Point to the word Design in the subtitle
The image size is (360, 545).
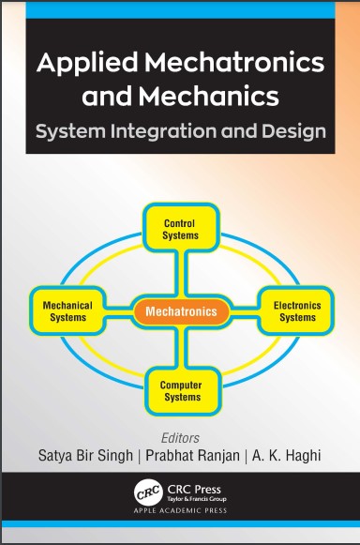click(293, 131)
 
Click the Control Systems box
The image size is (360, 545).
click(180, 229)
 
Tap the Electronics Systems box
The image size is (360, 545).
click(296, 310)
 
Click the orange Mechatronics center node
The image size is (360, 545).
click(181, 310)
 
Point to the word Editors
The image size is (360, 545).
click(182, 435)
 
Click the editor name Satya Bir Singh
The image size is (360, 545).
click(82, 457)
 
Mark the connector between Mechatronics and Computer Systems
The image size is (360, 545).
click(181, 347)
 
